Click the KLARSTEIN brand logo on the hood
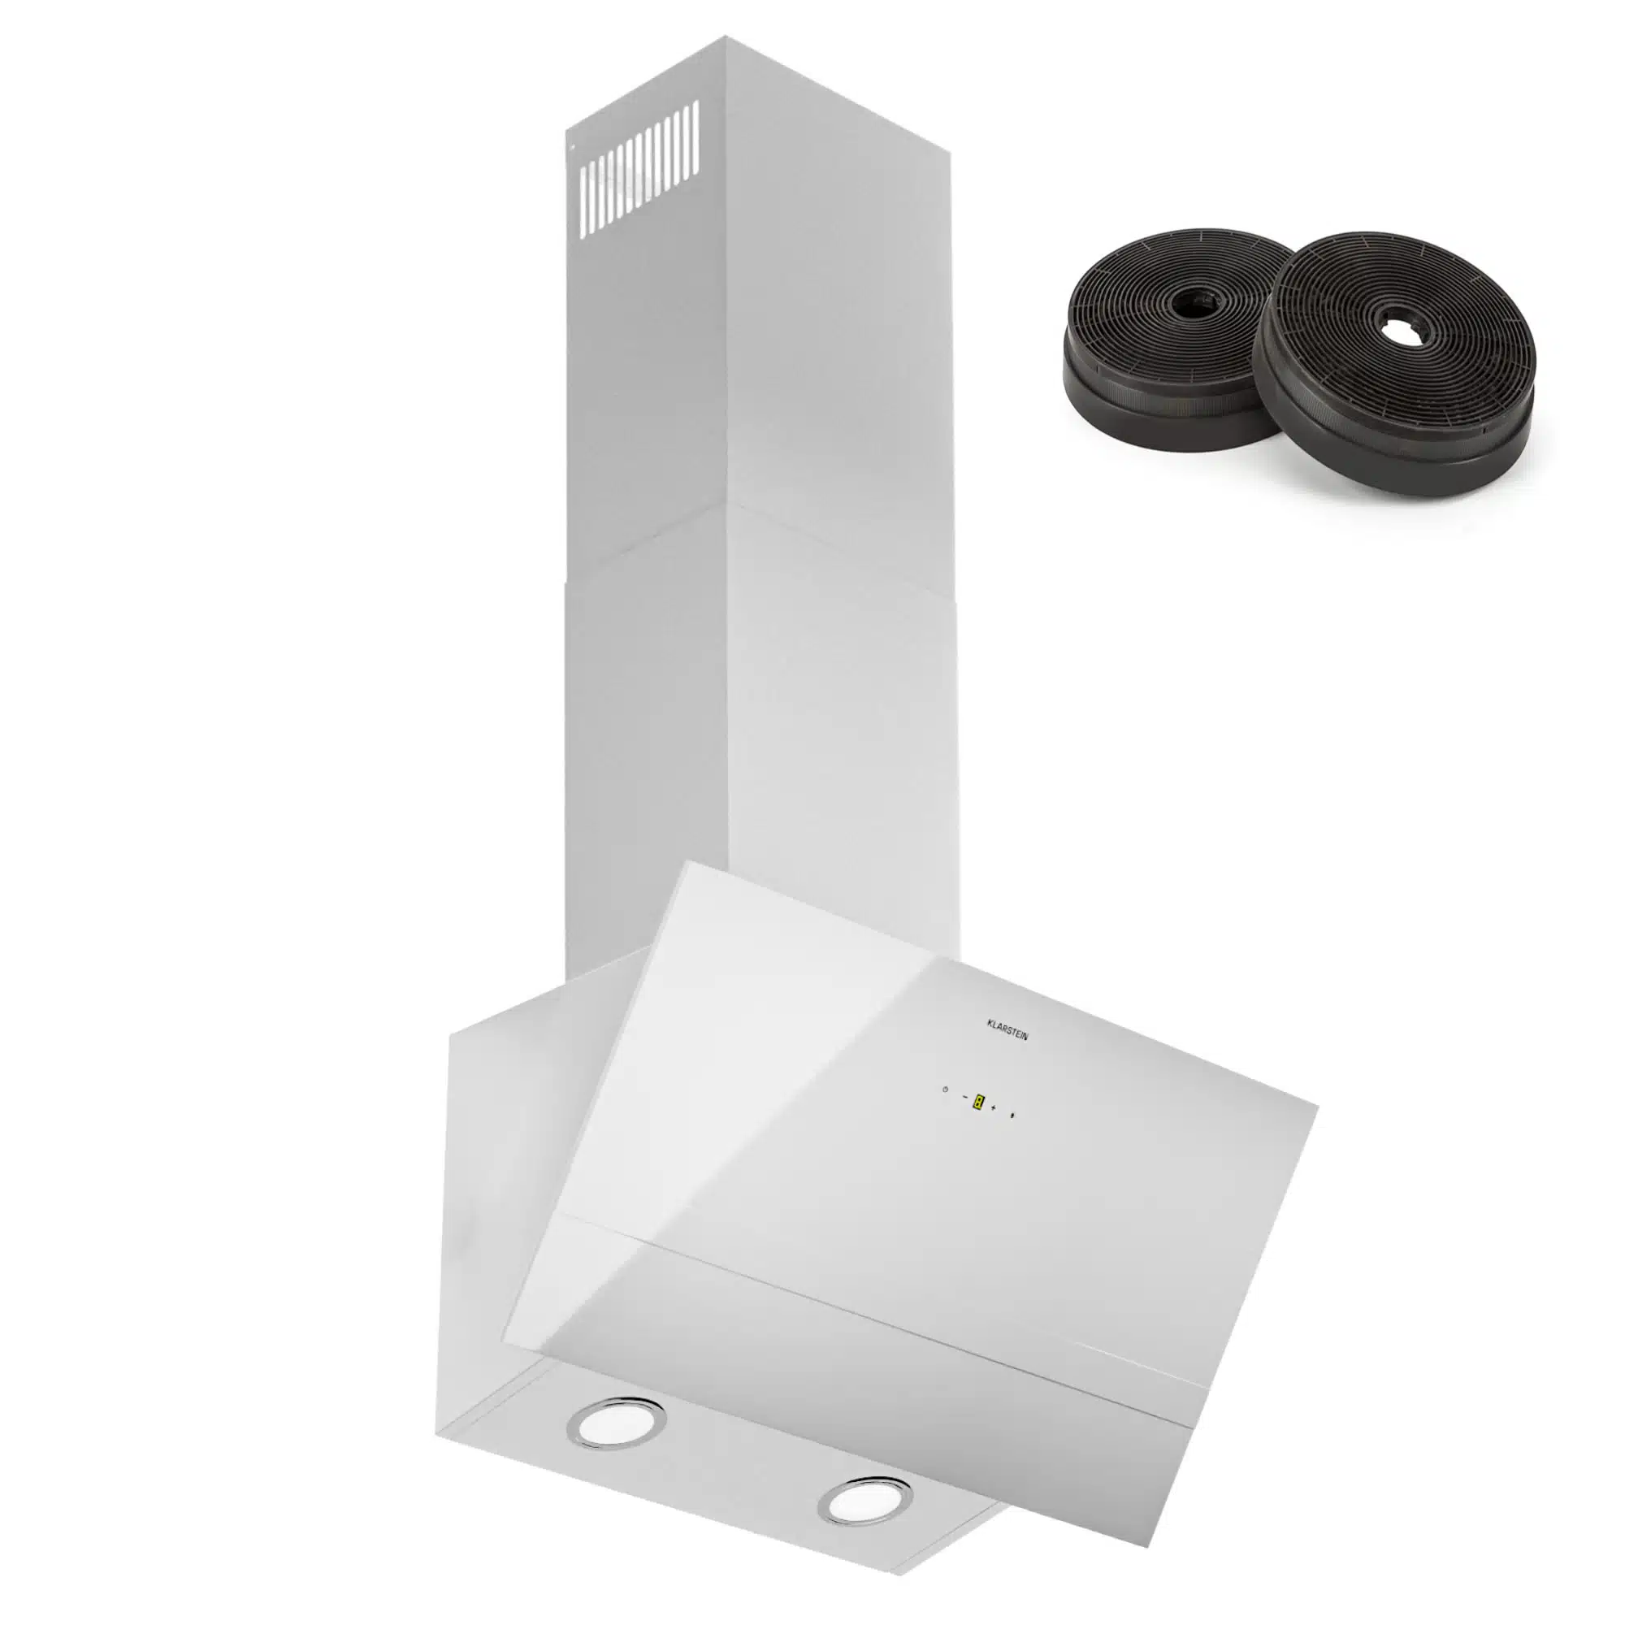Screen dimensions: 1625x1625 (1006, 1029)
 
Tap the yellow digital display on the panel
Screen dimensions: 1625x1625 (977, 1101)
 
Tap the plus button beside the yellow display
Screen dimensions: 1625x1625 (994, 1107)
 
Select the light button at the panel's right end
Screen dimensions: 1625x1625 (1012, 1116)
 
